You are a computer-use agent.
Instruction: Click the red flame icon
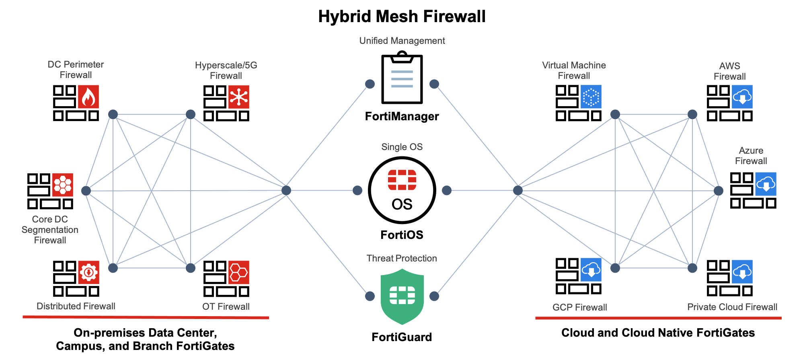pyautogui.click(x=88, y=97)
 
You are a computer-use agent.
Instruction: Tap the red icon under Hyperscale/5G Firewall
pyautogui.click(x=239, y=97)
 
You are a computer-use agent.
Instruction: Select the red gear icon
pyautogui.click(x=88, y=272)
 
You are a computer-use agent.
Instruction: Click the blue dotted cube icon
pyautogui.click(x=591, y=97)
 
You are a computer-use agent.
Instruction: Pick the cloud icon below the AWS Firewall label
pyautogui.click(x=742, y=97)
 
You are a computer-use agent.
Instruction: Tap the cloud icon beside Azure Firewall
pyautogui.click(x=766, y=184)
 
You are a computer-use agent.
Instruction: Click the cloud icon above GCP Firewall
pyautogui.click(x=591, y=269)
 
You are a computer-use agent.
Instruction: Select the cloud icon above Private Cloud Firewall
pyautogui.click(x=742, y=272)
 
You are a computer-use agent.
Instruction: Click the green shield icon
pyautogui.click(x=402, y=296)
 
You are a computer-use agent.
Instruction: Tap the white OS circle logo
pyautogui.click(x=402, y=190)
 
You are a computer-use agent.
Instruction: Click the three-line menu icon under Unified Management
pyautogui.click(x=402, y=79)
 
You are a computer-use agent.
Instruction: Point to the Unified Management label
pyautogui.click(x=402, y=41)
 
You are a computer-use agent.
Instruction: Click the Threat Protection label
pyautogui.click(x=402, y=258)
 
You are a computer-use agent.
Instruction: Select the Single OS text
pyautogui.click(x=402, y=147)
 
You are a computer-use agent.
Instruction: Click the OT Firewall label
pyautogui.click(x=226, y=307)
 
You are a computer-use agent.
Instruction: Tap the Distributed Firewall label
pyautogui.click(x=76, y=306)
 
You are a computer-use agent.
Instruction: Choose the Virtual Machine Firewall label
pyautogui.click(x=574, y=70)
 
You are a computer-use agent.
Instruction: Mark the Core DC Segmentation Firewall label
pyautogui.click(x=50, y=230)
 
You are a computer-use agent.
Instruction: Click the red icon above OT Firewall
pyautogui.click(x=239, y=272)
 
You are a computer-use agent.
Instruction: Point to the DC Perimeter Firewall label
pyautogui.click(x=76, y=70)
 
